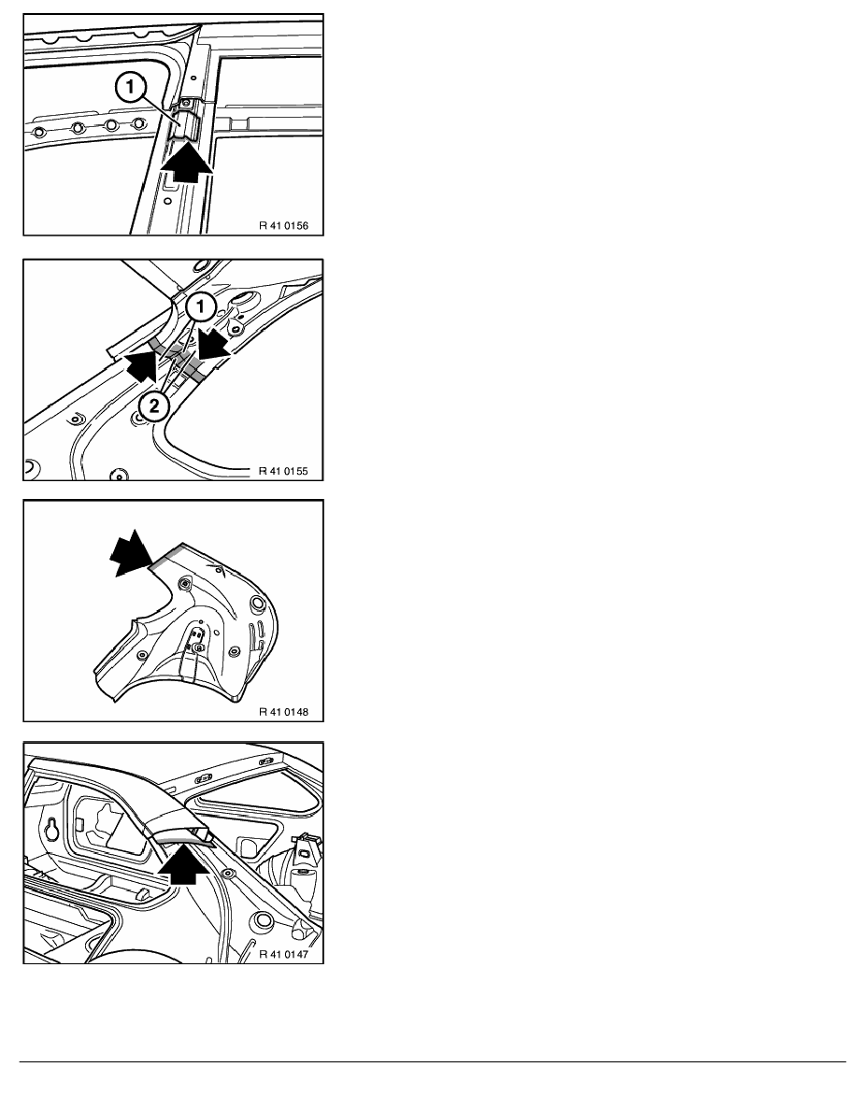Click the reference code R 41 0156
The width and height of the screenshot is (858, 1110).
click(x=283, y=226)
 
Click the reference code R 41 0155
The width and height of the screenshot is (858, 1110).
click(x=283, y=471)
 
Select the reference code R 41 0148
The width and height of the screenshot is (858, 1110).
click(x=283, y=711)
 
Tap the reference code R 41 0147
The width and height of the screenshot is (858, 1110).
click(x=283, y=954)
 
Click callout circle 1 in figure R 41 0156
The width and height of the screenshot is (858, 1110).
click(x=130, y=89)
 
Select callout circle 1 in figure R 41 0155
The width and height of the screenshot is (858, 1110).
click(x=201, y=306)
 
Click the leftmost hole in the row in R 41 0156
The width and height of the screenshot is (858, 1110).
click(x=38, y=132)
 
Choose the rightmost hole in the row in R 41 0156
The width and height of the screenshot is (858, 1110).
click(x=136, y=124)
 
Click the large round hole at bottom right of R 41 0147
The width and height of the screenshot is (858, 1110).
click(x=265, y=920)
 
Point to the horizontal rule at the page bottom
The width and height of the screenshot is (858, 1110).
click(x=433, y=1061)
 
